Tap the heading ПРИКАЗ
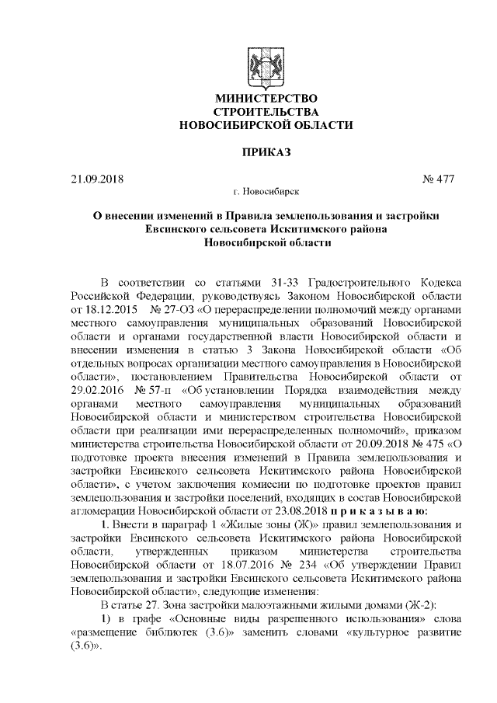[x=266, y=151]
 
